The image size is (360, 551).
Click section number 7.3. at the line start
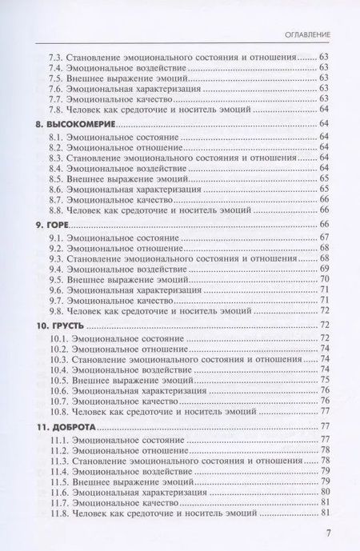tap(57, 58)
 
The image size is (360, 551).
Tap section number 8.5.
tap(57, 181)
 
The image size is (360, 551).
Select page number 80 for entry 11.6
tap(325, 493)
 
